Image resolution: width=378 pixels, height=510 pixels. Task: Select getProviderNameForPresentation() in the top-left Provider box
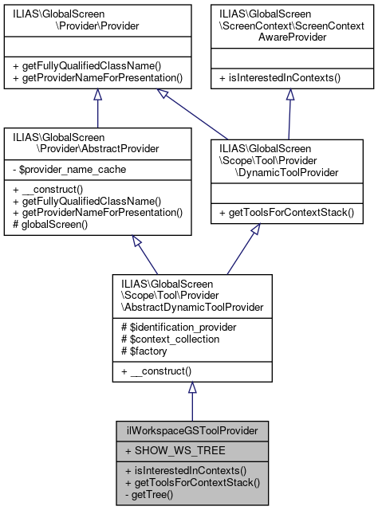(x=97, y=78)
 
